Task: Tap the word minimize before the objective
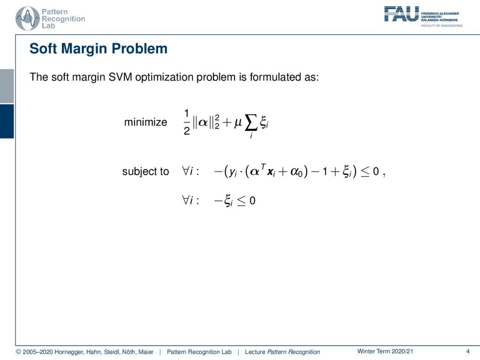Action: [x=146, y=122]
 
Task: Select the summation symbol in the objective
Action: [x=251, y=123]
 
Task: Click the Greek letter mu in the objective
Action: [x=238, y=123]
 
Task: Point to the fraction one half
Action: [x=187, y=122]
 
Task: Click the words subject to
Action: [x=145, y=172]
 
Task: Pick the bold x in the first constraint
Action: [x=271, y=172]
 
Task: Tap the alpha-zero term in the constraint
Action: [x=296, y=172]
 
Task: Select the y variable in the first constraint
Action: [x=232, y=172]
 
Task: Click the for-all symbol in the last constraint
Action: [x=186, y=200]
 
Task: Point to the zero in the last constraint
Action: [x=252, y=201]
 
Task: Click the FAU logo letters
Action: [x=401, y=14]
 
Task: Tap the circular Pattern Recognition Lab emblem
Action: [x=28, y=19]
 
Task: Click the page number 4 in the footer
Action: [x=467, y=352]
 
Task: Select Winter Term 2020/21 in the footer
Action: [x=385, y=352]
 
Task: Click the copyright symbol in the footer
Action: [x=18, y=352]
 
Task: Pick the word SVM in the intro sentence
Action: [x=120, y=77]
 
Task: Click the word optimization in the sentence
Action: [x=164, y=77]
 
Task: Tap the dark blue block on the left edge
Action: [x=7, y=121]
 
